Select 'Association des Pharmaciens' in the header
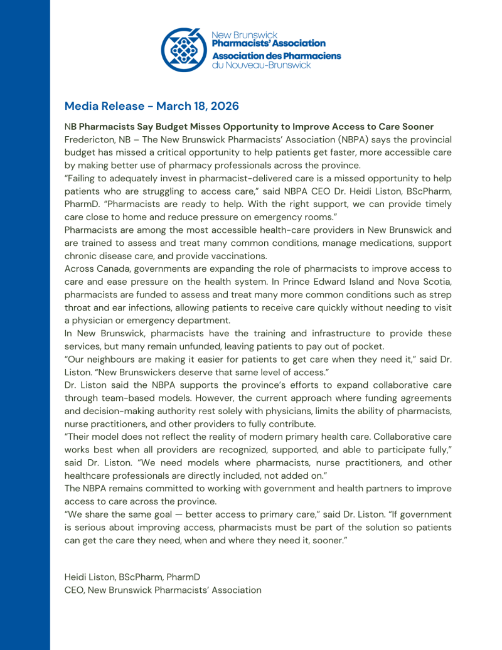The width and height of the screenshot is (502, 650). tap(276, 56)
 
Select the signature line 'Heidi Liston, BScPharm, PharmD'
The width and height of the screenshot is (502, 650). tap(132, 577)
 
